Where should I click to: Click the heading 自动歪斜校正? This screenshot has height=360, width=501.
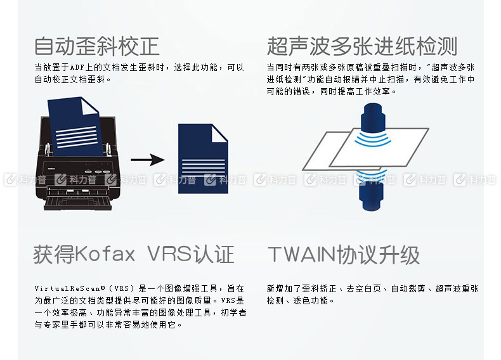pyautogui.click(x=97, y=46)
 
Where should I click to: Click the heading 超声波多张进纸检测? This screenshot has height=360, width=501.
pyautogui.click(x=362, y=46)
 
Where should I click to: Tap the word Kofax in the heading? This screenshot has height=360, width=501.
pyautogui.click(x=105, y=254)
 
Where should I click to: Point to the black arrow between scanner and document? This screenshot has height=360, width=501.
pyautogui.click(x=148, y=159)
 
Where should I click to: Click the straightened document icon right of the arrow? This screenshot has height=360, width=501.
pyautogui.click(x=203, y=158)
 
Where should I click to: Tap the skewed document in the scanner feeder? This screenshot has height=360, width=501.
pyautogui.click(x=74, y=126)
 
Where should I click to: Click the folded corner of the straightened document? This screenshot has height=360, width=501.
pyautogui.click(x=220, y=133)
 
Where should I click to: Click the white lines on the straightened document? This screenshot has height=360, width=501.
pyautogui.click(x=203, y=167)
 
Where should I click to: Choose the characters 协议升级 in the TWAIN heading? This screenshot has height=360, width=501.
pyautogui.click(x=378, y=255)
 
